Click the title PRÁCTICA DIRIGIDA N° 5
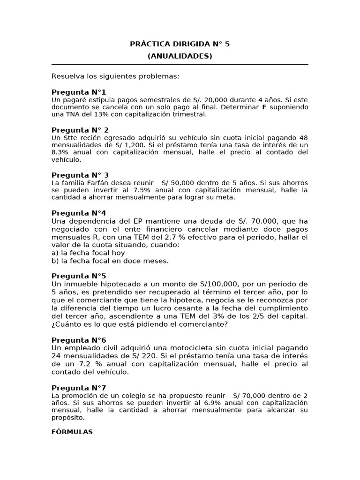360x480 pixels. coord(180,45)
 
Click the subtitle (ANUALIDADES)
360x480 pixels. coord(180,56)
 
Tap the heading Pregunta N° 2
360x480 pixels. coord(80,130)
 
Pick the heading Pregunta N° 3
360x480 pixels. coord(80,175)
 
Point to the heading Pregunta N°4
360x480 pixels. coord(79,213)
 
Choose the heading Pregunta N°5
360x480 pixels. coord(79,276)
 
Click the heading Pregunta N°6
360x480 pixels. coord(79,340)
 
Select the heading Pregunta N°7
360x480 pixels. coord(79,388)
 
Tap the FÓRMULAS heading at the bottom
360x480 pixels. coord(72,432)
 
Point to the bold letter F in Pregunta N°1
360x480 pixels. coord(264,107)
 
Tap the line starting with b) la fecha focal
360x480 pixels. coord(110,261)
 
